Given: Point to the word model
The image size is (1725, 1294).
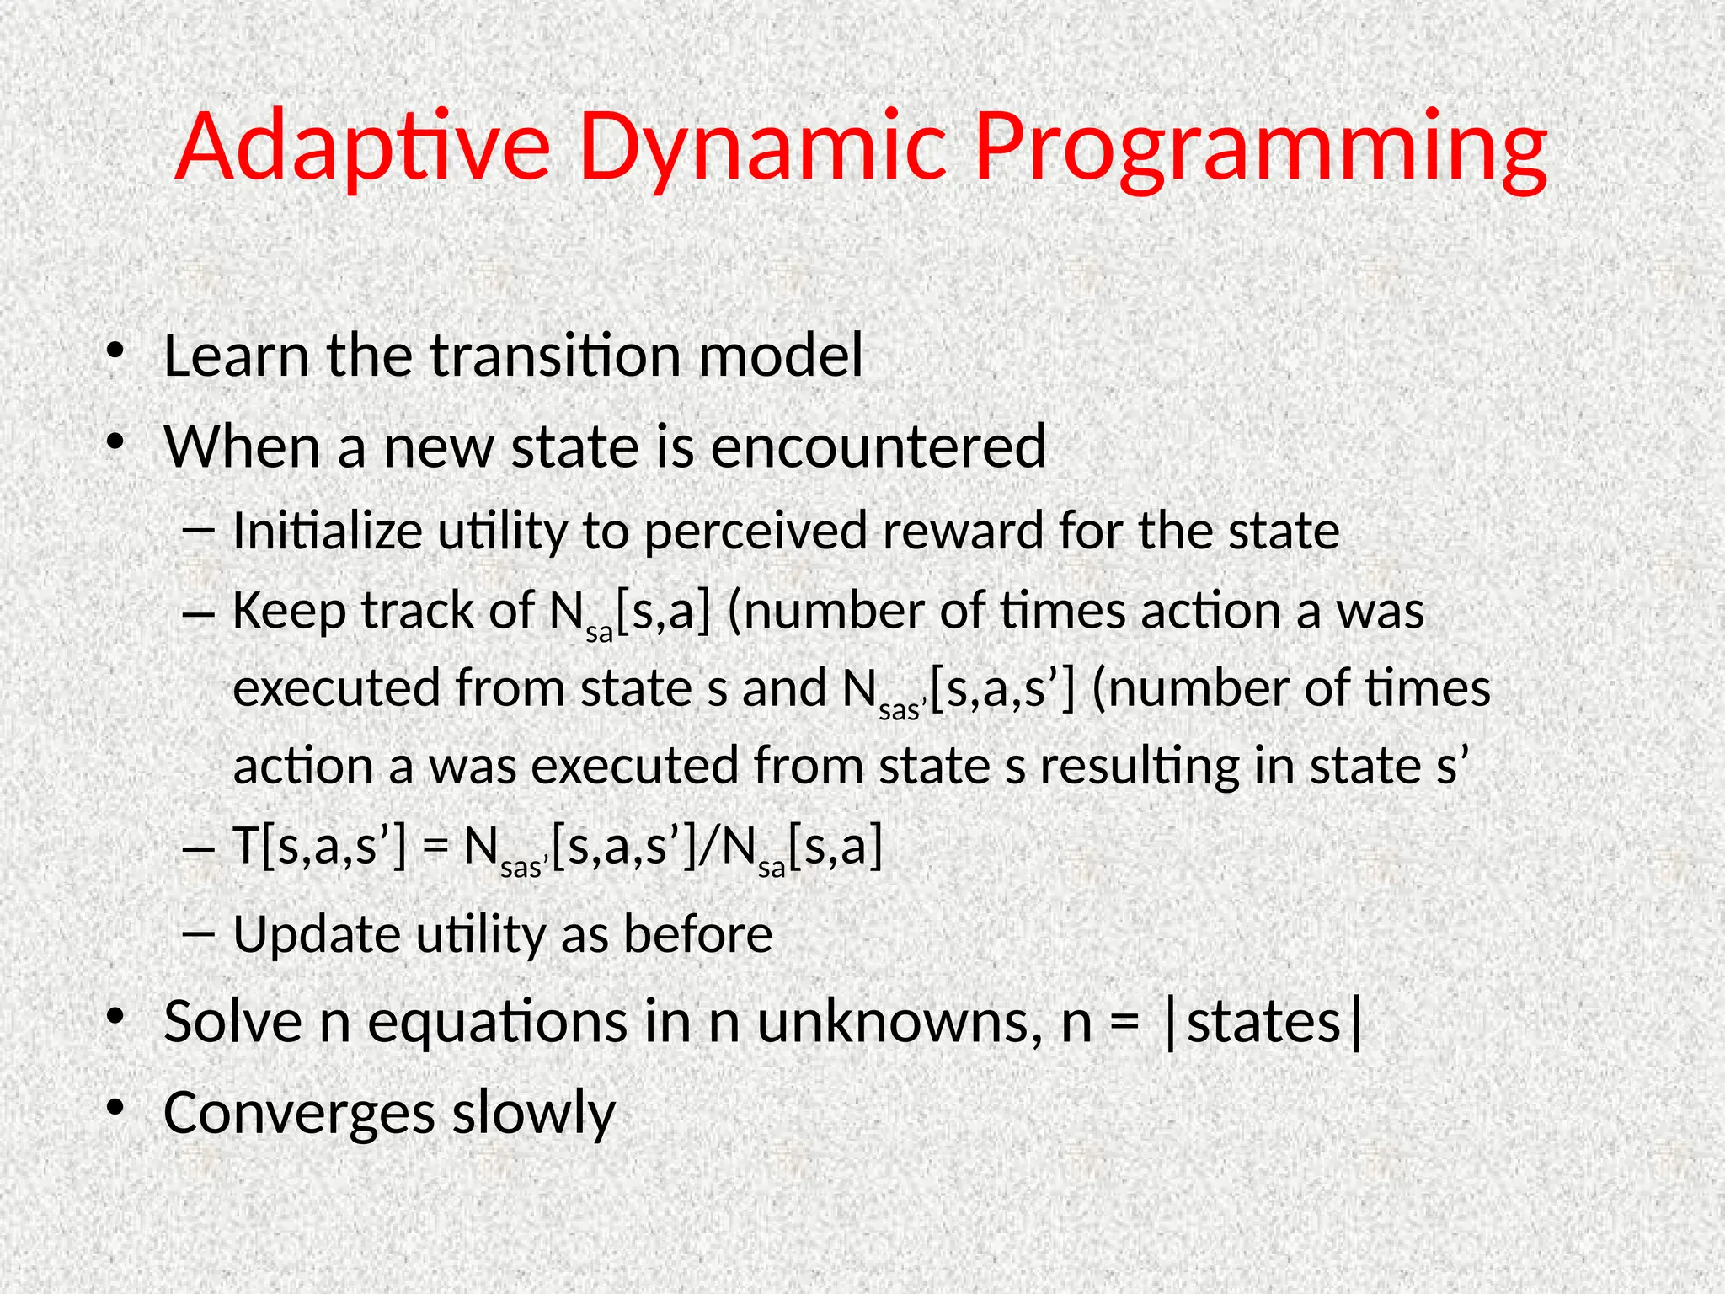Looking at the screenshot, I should click(x=781, y=356).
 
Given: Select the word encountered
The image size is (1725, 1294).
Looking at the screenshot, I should click(x=878, y=446).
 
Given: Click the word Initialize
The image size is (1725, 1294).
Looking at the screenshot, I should click(x=327, y=532).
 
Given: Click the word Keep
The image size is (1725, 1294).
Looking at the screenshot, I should click(x=289, y=610).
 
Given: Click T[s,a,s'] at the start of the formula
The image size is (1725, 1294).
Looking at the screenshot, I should click(x=318, y=846).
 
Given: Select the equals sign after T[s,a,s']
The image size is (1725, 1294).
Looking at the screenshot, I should click(x=435, y=848).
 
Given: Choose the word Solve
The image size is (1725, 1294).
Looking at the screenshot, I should click(x=233, y=1022).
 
